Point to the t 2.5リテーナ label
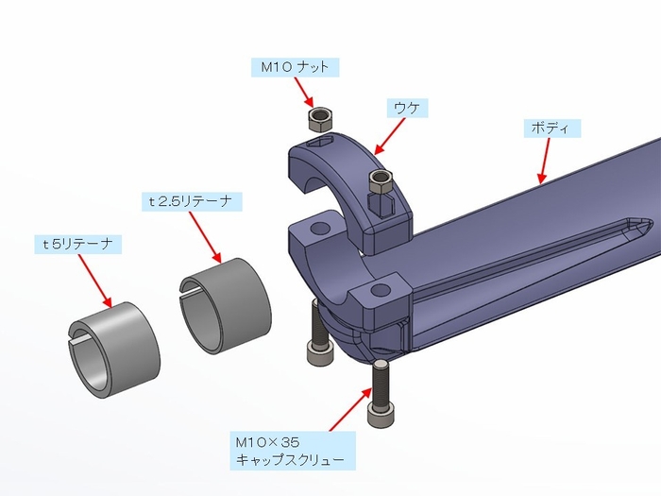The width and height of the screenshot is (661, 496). pos(193,201)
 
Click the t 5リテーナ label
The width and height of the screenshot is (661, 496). pos(77,244)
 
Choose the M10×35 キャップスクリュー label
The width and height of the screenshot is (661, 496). pos(294,451)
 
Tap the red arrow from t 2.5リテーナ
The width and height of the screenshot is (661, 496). pos(206,237)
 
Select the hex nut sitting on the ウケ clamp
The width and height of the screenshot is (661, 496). pos(381,180)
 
